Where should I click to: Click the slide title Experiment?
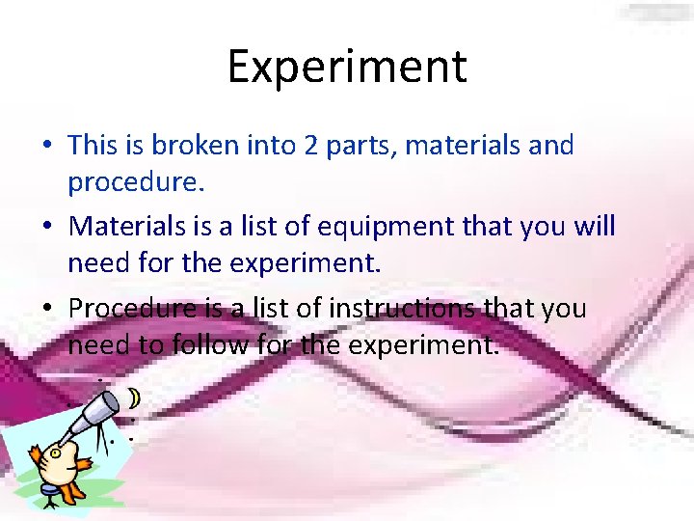347,67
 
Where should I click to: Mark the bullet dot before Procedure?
47,308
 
